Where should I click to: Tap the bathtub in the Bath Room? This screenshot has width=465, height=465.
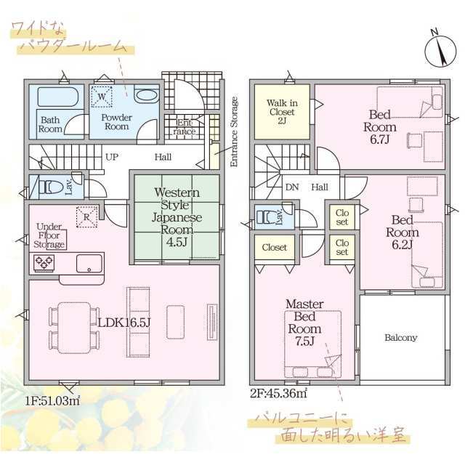(x=58, y=97)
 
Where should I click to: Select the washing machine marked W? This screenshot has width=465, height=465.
(x=102, y=97)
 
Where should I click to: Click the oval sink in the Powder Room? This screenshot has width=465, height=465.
(x=147, y=96)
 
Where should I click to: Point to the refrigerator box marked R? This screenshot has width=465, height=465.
(x=87, y=217)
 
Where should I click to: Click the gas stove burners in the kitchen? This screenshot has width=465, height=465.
(x=44, y=262)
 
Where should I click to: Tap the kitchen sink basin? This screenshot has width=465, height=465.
(x=89, y=263)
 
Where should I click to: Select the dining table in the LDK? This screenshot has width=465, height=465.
(x=74, y=328)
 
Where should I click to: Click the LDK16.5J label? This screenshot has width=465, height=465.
(x=124, y=323)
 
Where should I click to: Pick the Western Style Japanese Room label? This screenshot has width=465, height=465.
(x=177, y=217)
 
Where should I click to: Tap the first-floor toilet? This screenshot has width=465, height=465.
(x=51, y=187)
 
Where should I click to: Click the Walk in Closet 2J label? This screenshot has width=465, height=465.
(x=282, y=112)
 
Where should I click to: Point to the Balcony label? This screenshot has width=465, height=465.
(x=400, y=337)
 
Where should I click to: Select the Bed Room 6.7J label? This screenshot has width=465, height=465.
(x=380, y=127)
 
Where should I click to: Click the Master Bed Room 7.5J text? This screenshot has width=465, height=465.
(x=304, y=323)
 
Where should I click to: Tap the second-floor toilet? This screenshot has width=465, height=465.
(x=267, y=217)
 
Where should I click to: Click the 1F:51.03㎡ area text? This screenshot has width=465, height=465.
(x=52, y=401)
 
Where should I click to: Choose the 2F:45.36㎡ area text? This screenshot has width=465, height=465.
(x=278, y=393)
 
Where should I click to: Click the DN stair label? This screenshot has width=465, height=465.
(x=292, y=187)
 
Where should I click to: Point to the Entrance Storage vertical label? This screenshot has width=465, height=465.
(x=234, y=132)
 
